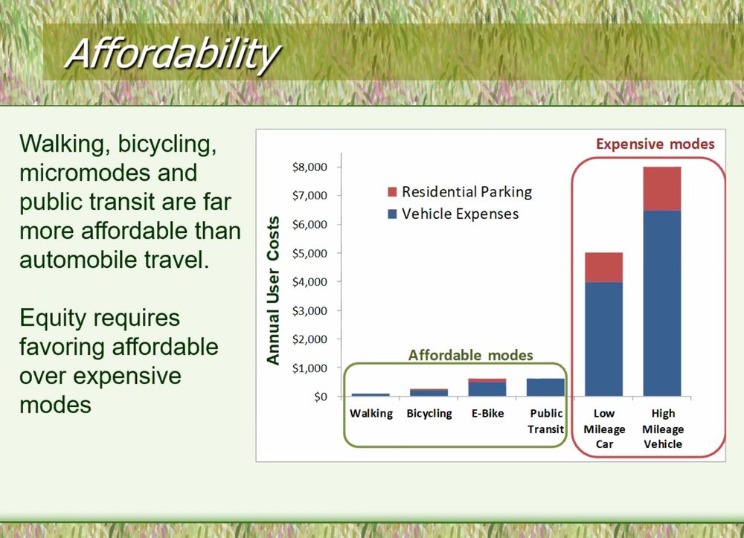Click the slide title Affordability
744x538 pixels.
173,54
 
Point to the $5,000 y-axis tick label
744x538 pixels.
310,253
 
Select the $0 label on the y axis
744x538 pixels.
320,397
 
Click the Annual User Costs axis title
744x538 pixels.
273,290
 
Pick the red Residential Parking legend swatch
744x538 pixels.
392,192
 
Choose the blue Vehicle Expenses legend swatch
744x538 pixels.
392,214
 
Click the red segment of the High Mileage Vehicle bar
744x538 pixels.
662,189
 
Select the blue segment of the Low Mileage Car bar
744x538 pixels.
603,339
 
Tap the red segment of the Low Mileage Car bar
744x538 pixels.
603,268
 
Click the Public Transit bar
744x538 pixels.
545,388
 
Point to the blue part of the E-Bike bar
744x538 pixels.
487,389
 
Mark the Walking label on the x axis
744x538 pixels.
371,414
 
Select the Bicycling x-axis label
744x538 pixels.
429,414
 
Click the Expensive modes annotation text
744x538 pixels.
655,144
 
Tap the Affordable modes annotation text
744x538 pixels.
471,355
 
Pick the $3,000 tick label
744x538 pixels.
310,311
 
